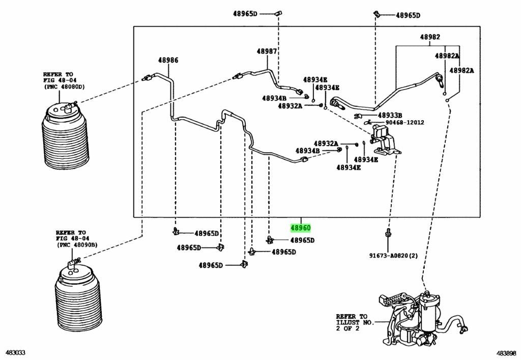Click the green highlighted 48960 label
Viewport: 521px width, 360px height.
300,228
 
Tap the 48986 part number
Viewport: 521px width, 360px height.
168,60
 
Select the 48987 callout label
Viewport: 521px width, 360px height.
267,51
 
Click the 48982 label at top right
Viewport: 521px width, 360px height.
430,37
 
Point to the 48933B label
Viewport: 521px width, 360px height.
390,115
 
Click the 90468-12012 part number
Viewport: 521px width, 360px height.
404,122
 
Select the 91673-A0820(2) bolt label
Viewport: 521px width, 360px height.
394,256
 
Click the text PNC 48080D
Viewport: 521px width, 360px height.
64,87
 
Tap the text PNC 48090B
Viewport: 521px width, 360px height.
77,245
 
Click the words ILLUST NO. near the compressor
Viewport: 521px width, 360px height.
355,322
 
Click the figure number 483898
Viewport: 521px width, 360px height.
506,353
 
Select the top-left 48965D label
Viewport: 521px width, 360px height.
245,14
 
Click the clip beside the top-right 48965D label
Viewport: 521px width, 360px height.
376,14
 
